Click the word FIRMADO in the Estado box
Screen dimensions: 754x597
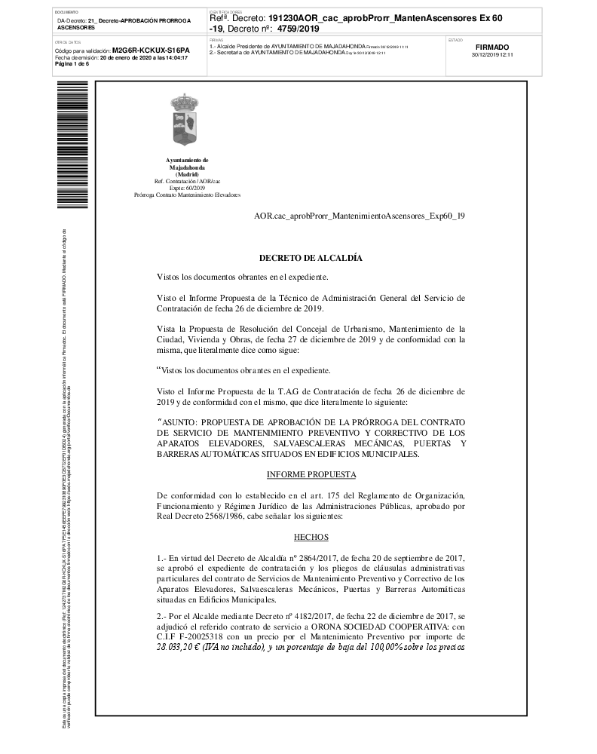[492, 47]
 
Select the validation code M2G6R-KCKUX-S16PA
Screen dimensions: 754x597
[151, 50]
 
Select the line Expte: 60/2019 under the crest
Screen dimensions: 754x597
[187, 188]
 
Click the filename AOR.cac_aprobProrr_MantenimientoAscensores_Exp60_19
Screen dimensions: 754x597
[360, 216]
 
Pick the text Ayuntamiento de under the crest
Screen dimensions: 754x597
[187, 161]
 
